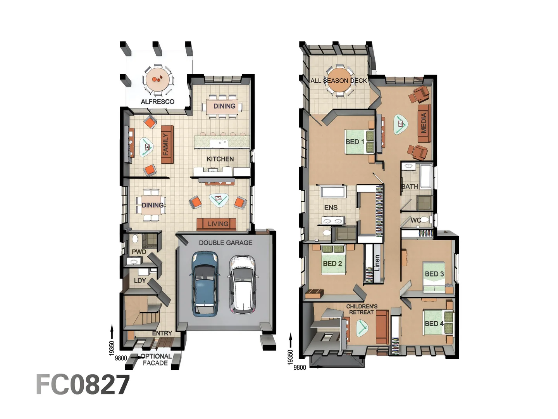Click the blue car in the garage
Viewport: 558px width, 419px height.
(x=205, y=283)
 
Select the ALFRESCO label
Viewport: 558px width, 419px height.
(x=158, y=102)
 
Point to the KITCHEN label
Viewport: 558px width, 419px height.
(x=220, y=159)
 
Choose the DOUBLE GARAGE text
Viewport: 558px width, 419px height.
(x=226, y=243)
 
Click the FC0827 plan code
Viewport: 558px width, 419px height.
(x=83, y=384)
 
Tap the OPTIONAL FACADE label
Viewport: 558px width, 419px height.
(x=156, y=360)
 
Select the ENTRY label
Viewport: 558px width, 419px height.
(x=162, y=333)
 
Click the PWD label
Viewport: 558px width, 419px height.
(x=139, y=252)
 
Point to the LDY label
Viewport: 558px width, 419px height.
(x=140, y=280)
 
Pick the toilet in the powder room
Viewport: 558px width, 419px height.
(x=135, y=239)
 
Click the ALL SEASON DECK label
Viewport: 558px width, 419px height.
(x=339, y=81)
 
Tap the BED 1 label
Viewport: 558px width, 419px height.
(x=355, y=142)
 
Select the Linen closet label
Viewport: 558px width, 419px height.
(x=377, y=263)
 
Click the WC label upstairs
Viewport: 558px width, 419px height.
(x=416, y=220)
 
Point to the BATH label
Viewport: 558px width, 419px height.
(x=410, y=187)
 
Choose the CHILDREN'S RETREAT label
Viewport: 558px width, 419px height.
(x=362, y=309)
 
